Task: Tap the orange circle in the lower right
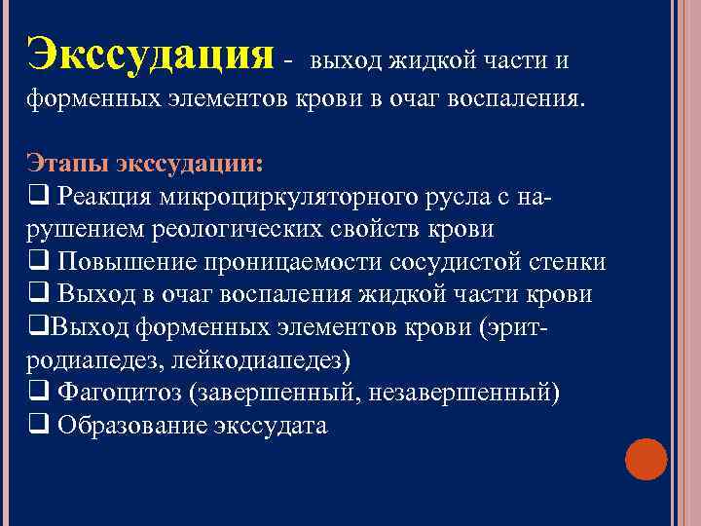[646, 459]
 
